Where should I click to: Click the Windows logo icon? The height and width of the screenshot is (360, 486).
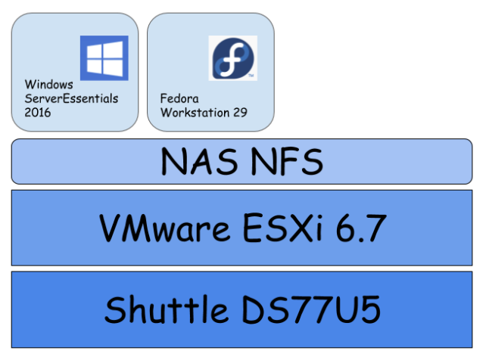[x=104, y=57]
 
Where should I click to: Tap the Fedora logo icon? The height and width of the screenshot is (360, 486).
[x=231, y=57]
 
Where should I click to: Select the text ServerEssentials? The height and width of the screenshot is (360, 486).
[x=71, y=98]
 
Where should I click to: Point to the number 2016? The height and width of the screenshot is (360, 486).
[x=38, y=112]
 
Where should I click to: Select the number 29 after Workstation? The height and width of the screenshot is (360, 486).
[x=241, y=112]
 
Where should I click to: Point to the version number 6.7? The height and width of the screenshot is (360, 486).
[x=363, y=228]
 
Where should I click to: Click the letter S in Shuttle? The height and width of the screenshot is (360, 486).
[x=114, y=309]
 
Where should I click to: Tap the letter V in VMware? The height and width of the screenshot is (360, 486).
[x=111, y=228]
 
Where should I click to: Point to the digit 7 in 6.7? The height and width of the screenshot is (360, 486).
[x=374, y=228]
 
